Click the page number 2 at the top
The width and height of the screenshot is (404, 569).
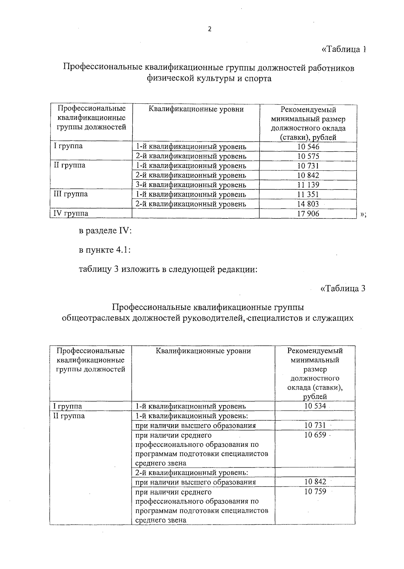(210, 30)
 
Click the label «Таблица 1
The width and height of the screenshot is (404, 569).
(343, 49)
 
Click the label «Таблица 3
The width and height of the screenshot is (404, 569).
(343, 289)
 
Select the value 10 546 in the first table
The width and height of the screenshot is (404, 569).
(308, 147)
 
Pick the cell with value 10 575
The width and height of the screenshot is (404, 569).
(308, 156)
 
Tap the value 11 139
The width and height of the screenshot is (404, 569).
(308, 185)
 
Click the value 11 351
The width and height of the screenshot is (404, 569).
(308, 194)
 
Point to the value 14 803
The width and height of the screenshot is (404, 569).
(308, 204)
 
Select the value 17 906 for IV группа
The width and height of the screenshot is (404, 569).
(308, 213)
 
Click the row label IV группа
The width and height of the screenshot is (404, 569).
(71, 213)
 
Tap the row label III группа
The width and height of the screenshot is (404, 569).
(71, 194)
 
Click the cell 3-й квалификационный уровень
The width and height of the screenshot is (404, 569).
(191, 185)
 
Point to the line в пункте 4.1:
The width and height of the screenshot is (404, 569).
(104, 250)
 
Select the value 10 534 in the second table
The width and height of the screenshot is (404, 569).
(315, 406)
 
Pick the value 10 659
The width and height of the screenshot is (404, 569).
(315, 435)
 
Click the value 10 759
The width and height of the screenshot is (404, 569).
(315, 492)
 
